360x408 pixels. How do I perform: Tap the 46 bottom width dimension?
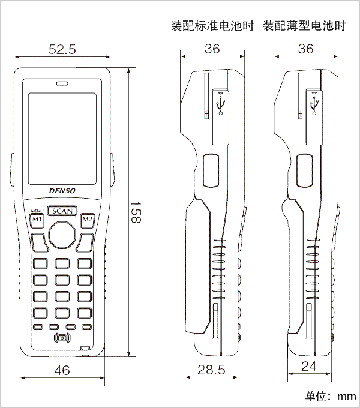(62, 370)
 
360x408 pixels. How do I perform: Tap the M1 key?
(37, 220)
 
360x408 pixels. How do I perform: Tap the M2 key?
(88, 220)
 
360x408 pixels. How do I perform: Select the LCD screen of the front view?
(62, 139)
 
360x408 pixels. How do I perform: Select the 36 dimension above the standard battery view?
(212, 49)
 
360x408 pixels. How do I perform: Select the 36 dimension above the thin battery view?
(305, 49)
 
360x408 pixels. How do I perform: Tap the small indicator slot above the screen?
(62, 84)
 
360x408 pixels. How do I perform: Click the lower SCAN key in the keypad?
(62, 313)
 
